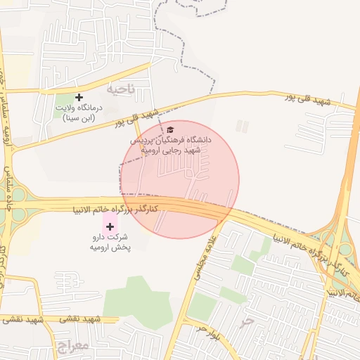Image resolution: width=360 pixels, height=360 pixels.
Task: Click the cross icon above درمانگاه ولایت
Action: [79, 97]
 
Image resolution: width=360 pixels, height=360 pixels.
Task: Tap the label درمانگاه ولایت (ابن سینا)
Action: [79, 113]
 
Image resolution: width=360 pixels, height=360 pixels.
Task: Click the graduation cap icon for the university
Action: [170, 130]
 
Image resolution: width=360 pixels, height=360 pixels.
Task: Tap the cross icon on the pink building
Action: [109, 226]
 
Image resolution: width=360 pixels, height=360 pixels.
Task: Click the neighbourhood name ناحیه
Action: [120, 90]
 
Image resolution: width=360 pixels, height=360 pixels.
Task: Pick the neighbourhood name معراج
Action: [69, 347]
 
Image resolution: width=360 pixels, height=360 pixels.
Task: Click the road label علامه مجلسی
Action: [212, 257]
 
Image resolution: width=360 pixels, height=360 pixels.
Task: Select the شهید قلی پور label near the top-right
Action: [307, 99]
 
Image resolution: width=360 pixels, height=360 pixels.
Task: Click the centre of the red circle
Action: [180, 179]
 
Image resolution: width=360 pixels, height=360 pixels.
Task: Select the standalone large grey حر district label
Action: [245, 321]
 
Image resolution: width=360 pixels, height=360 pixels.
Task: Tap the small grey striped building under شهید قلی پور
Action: [242, 127]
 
